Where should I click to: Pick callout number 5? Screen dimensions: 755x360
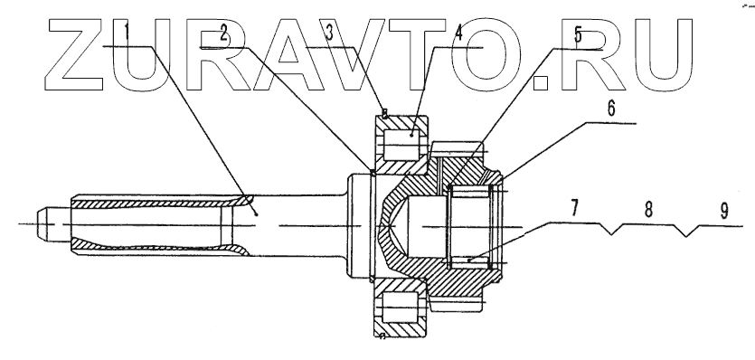point(578,35)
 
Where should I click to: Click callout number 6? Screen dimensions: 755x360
point(611,109)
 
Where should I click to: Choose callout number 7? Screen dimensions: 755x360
point(574,209)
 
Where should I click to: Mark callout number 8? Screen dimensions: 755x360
point(648,210)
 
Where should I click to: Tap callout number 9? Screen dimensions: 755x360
point(723,211)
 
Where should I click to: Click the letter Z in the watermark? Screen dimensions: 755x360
point(75,54)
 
